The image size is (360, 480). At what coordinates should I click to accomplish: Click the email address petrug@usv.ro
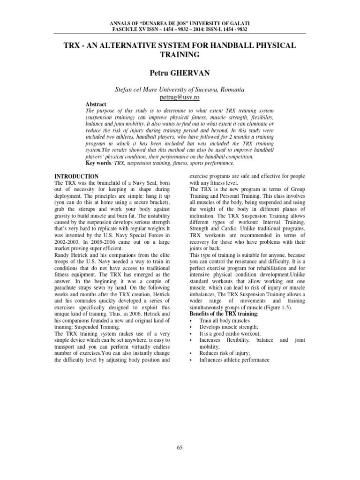tap(180, 97)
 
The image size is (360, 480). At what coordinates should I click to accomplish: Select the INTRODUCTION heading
tap(77, 176)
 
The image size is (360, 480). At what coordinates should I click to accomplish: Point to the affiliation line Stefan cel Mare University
tap(180, 89)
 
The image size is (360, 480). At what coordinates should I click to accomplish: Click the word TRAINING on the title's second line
tap(180, 55)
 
